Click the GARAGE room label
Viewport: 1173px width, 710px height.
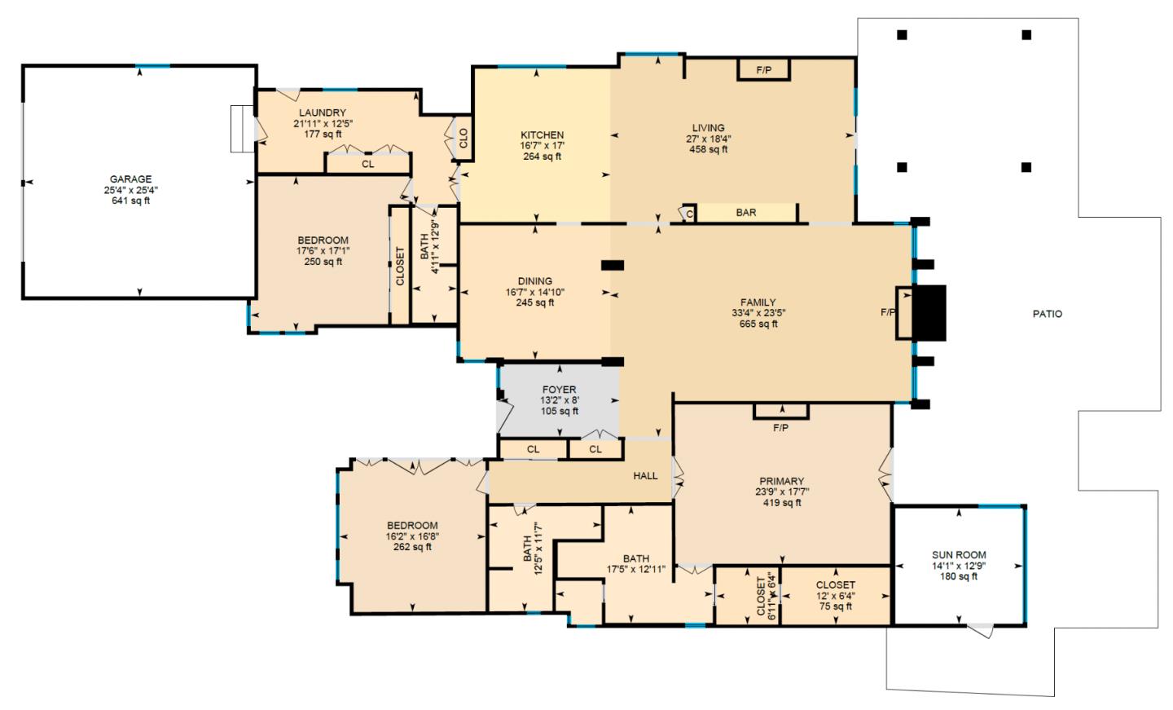tap(130, 179)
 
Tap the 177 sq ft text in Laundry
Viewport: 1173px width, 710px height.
tap(323, 135)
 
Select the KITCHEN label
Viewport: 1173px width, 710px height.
tap(542, 135)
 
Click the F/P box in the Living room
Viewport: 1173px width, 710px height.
tap(763, 70)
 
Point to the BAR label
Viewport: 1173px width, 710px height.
tap(745, 213)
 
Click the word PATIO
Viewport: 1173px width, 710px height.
tap(1047, 314)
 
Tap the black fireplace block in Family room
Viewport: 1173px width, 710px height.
tap(929, 312)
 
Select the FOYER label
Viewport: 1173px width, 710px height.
tap(559, 390)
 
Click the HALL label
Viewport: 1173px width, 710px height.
tap(645, 475)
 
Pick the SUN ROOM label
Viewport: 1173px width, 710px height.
tap(959, 555)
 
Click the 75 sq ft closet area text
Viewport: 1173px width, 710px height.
tap(835, 606)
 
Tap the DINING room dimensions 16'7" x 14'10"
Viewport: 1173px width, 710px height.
tap(534, 292)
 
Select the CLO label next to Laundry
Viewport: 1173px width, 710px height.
tap(463, 139)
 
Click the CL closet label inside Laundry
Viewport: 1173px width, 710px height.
tap(367, 164)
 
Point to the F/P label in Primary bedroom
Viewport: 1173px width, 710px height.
tap(780, 427)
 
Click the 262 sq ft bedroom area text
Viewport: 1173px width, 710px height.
tap(412, 547)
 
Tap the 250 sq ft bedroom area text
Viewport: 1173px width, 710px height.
tap(323, 262)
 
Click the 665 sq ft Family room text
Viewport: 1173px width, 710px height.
tap(758, 324)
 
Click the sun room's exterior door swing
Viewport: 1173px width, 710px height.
tap(982, 630)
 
